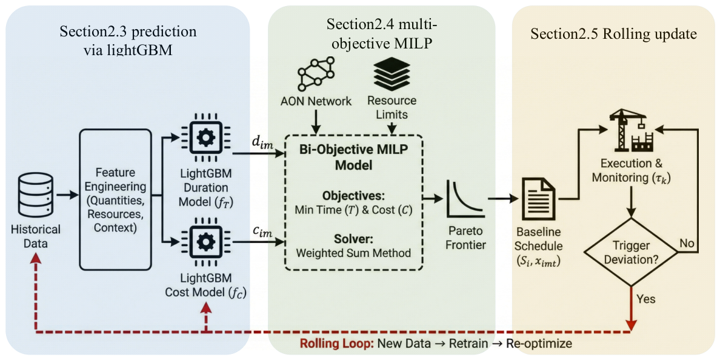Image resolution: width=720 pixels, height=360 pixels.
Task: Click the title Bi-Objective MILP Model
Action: click(353, 156)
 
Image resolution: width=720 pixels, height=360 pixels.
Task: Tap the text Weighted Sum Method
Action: click(353, 252)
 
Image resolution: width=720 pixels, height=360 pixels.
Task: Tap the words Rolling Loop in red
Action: click(336, 344)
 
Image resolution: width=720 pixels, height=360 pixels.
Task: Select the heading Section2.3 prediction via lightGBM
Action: click(128, 41)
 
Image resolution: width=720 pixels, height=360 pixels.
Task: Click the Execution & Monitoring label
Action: click(632, 172)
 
